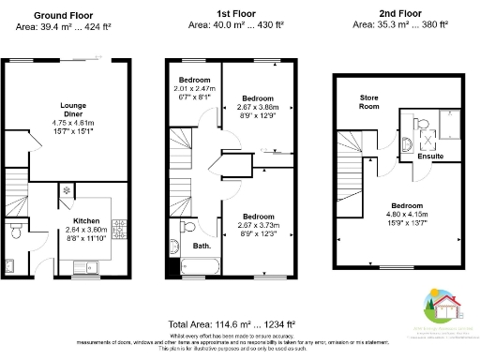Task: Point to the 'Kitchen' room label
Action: click(x=87, y=221)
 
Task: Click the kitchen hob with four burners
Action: click(x=119, y=228)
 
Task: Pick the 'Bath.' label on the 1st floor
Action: click(x=202, y=246)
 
